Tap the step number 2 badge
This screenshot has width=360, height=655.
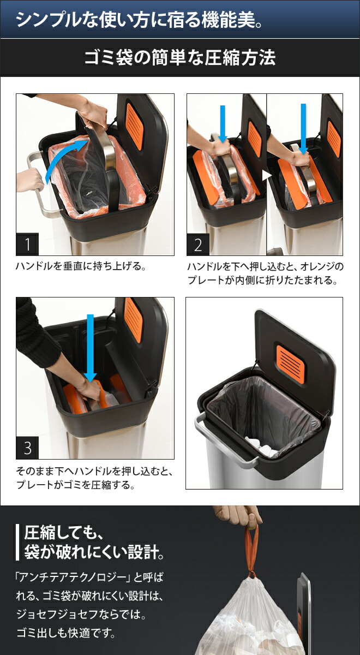tap(198, 244)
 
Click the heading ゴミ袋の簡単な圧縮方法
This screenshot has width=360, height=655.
tap(179, 58)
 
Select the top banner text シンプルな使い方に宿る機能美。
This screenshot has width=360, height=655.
tap(140, 20)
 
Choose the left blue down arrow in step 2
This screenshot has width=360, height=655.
tap(223, 123)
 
